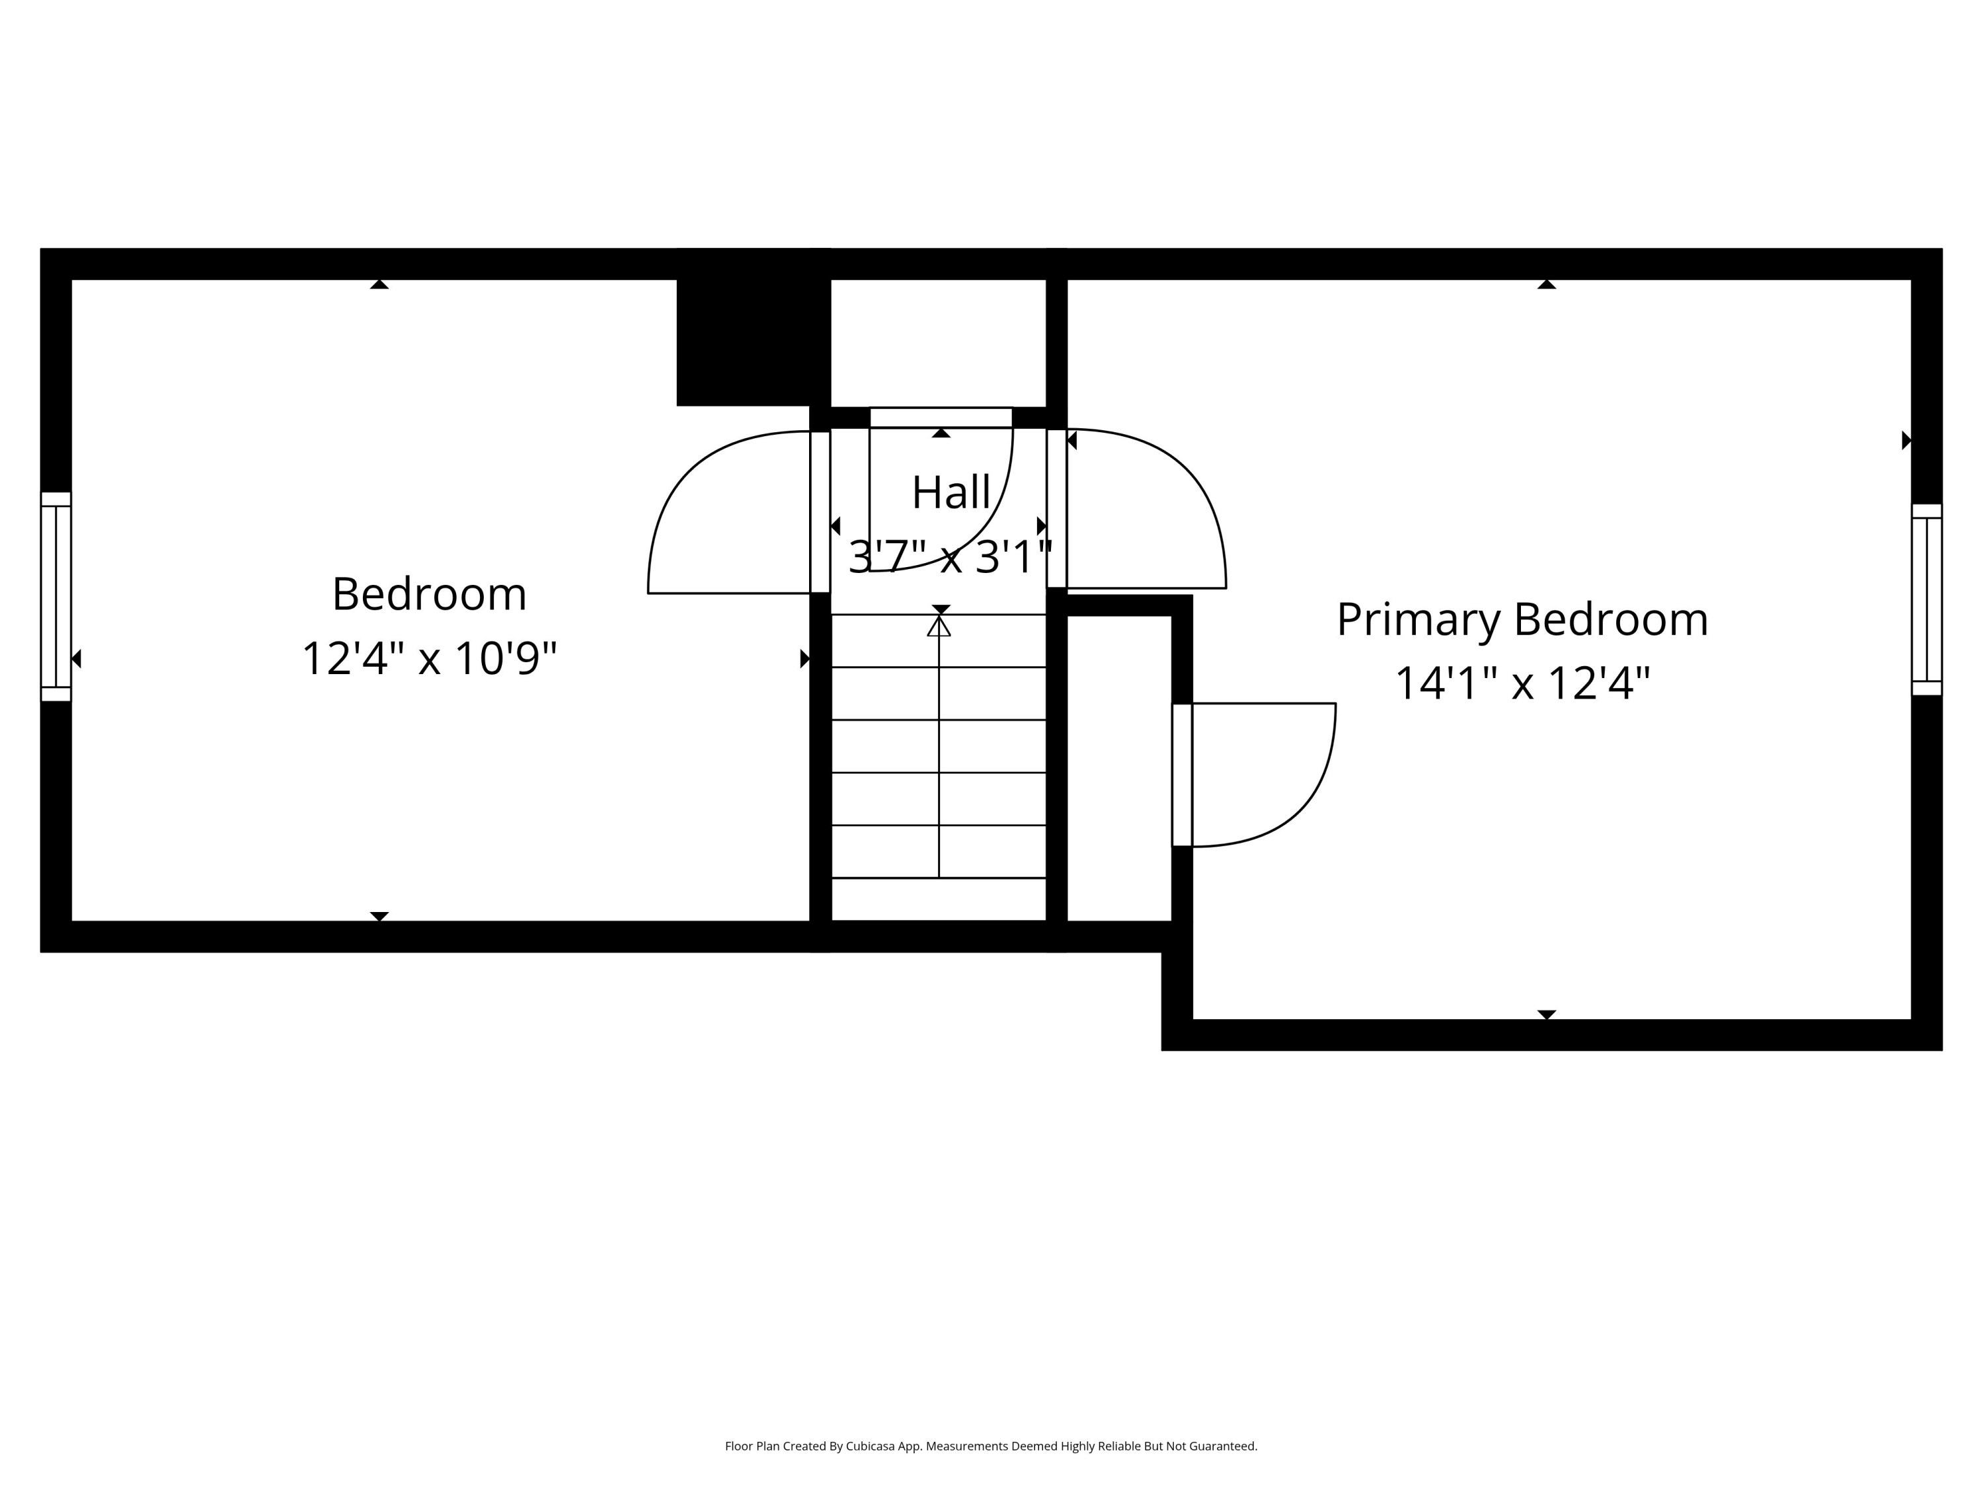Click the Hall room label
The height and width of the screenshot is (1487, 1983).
pyautogui.click(x=951, y=492)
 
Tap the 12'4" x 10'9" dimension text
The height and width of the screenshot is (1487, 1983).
pyautogui.click(x=430, y=659)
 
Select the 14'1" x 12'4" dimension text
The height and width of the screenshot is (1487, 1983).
pyautogui.click(x=1522, y=683)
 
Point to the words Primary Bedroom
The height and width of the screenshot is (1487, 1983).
pyautogui.click(x=1522, y=619)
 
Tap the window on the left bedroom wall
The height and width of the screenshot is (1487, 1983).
pyautogui.click(x=56, y=596)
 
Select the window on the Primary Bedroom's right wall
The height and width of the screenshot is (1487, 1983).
pyautogui.click(x=1927, y=599)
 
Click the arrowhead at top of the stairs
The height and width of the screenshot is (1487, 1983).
pyautogui.click(x=939, y=626)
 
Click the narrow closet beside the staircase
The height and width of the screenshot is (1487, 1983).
pyautogui.click(x=1119, y=768)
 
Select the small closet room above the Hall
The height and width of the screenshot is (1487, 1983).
pyautogui.click(x=939, y=343)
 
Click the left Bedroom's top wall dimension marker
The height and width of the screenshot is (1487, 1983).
pyautogui.click(x=379, y=284)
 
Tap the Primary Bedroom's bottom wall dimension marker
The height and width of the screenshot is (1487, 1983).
pyautogui.click(x=1547, y=1014)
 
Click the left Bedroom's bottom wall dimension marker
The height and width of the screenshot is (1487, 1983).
pyautogui.click(x=379, y=916)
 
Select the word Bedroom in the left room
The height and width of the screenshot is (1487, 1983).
pyautogui.click(x=430, y=594)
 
